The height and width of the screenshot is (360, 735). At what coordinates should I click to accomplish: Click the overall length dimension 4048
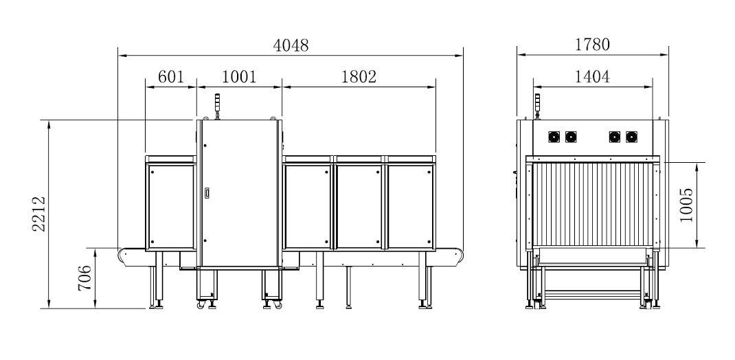point(291,45)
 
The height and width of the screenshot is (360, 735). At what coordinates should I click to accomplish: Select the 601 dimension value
point(170,76)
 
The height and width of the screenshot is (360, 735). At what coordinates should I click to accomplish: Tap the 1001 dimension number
point(239,76)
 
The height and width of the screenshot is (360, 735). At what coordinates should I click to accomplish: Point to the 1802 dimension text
point(359,76)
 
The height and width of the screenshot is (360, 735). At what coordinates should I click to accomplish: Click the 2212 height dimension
point(39,214)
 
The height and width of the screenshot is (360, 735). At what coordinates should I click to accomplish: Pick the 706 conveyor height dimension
point(85,278)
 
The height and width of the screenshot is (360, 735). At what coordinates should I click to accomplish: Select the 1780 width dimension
point(593,45)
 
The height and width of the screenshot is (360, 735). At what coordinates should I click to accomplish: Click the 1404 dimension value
point(593,76)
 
